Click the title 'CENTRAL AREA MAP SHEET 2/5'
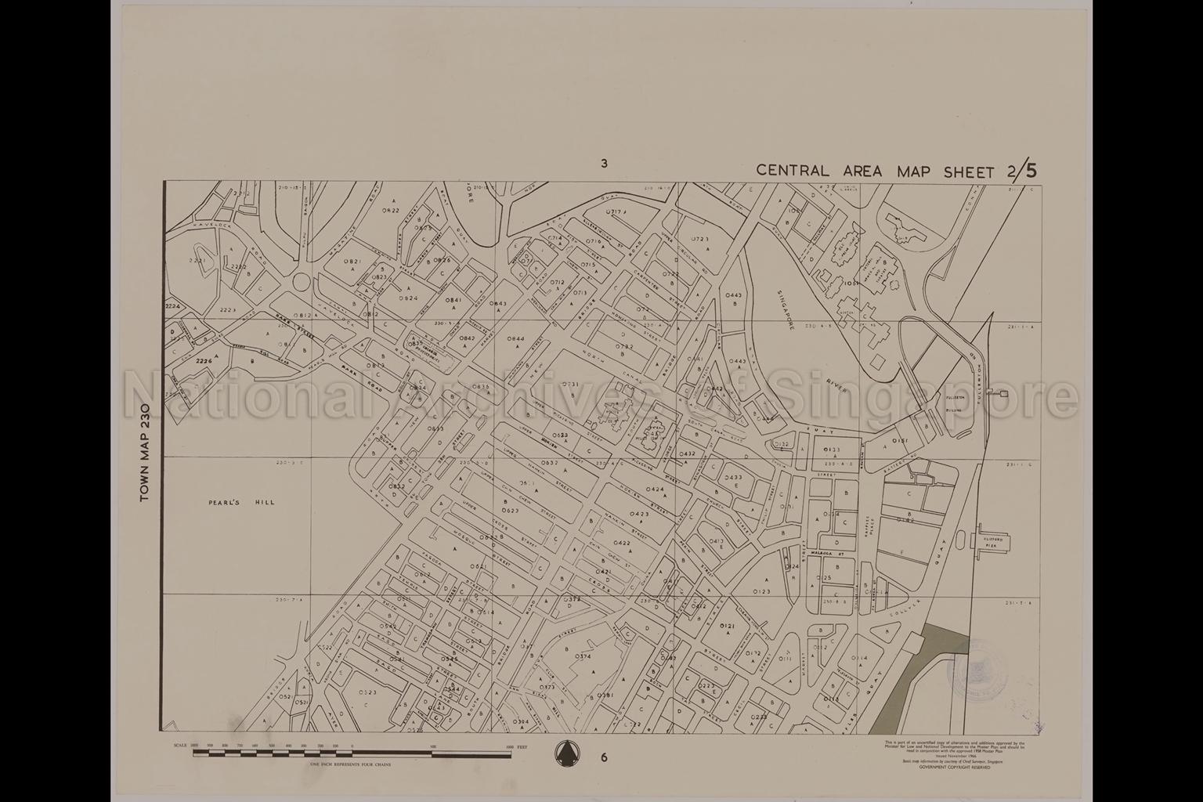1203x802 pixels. [x=898, y=171]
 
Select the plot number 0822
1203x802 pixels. [x=391, y=211]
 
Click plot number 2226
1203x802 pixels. [x=204, y=361]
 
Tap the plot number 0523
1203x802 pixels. [x=367, y=692]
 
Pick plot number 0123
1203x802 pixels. [x=760, y=591]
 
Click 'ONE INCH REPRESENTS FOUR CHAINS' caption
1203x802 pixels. [x=350, y=764]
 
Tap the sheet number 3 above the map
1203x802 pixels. [x=604, y=164]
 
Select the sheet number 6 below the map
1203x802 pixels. [x=604, y=757]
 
